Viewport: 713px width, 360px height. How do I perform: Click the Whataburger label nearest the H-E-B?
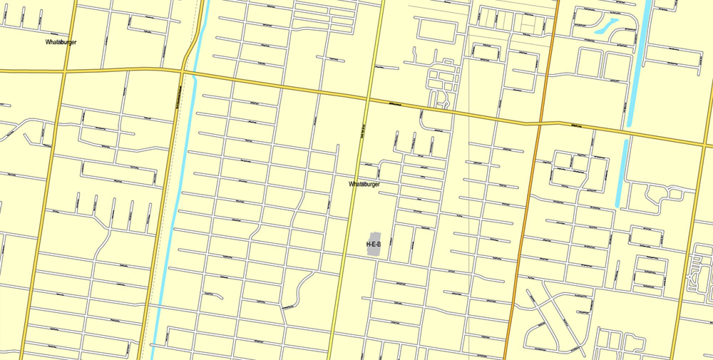(x=364, y=184)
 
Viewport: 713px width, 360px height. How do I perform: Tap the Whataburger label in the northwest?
(x=61, y=42)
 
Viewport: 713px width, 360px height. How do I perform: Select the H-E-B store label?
(x=374, y=245)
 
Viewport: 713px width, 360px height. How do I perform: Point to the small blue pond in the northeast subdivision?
(x=605, y=27)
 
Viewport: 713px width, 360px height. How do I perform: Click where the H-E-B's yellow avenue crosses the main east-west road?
(x=369, y=99)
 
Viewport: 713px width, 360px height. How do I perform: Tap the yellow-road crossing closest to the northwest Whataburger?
(x=63, y=71)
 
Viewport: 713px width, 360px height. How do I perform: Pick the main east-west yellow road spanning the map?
(x=285, y=86)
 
